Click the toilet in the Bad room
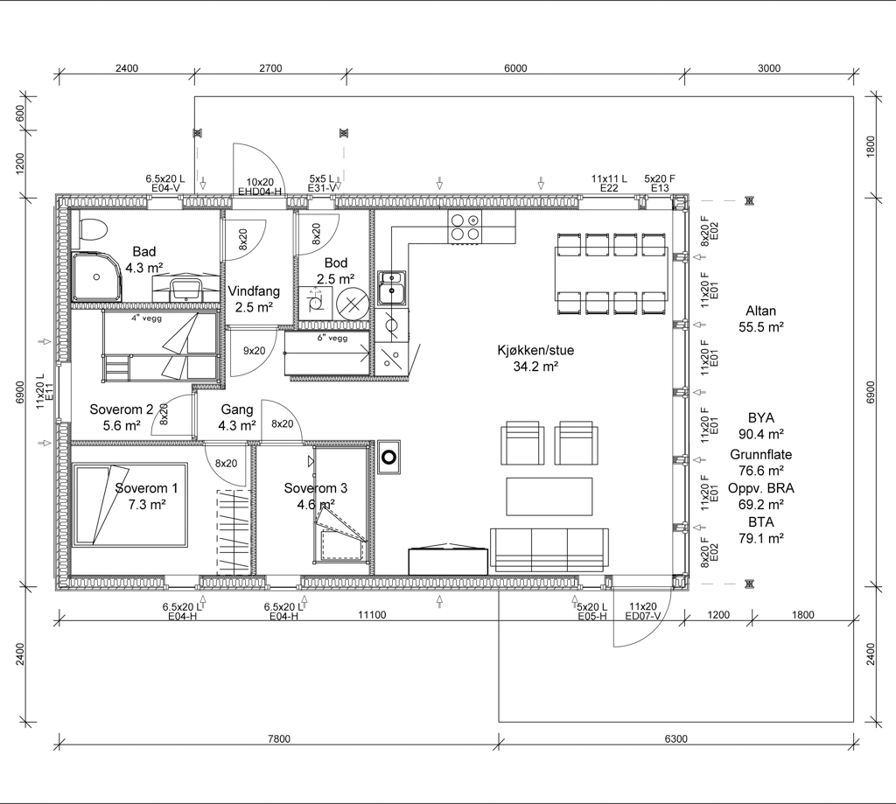click(93, 232)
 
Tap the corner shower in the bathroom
click(96, 277)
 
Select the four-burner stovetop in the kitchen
click(465, 227)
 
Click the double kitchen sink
click(392, 288)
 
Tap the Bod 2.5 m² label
click(335, 271)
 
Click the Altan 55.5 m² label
click(760, 318)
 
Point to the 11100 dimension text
click(372, 615)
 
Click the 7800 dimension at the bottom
click(279, 739)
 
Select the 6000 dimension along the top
click(515, 68)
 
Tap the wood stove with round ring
click(388, 458)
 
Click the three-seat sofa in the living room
click(549, 549)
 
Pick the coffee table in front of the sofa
click(549, 497)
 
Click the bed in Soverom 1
click(129, 505)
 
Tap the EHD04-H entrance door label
click(260, 192)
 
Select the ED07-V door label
click(643, 616)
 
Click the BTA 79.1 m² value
click(760, 530)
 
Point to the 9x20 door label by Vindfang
click(255, 350)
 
